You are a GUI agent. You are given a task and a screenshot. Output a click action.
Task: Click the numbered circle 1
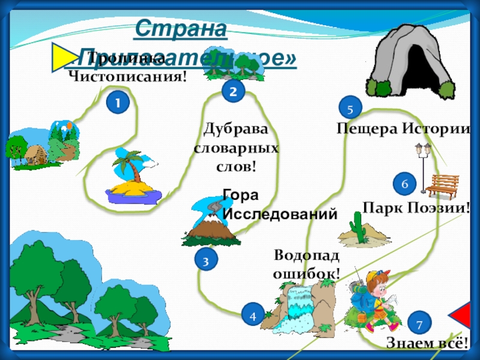click(118, 103)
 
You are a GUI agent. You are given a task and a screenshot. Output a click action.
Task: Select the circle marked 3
click(205, 260)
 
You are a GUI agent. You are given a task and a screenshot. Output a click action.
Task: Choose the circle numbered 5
click(350, 108)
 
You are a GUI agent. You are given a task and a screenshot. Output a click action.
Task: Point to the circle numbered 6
click(404, 184)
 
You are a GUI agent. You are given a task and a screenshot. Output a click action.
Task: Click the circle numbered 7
click(419, 323)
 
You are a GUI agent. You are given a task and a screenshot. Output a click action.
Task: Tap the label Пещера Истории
click(402, 128)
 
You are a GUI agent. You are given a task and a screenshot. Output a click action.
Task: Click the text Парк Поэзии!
click(416, 208)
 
